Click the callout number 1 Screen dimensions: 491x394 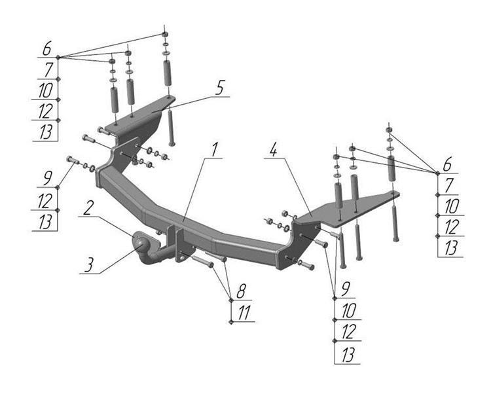click(214, 151)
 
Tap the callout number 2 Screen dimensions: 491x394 click(88, 207)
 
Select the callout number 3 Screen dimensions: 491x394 click(89, 265)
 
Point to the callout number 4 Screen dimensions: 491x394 click(274, 151)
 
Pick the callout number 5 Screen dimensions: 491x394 click(220, 88)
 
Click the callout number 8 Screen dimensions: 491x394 click(241, 292)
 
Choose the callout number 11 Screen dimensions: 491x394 click(244, 313)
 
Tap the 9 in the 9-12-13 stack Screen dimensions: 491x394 click(47, 179)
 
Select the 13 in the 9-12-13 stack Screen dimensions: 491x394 click(45, 222)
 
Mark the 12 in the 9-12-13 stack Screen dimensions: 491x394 click(45, 200)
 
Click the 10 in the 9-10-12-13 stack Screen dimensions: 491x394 click(348, 311)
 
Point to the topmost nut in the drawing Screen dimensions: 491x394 click(165, 34)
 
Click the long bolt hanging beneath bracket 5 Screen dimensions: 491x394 click(171, 126)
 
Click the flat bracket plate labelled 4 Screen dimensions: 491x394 click(344, 208)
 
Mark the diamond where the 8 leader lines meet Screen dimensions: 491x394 click(231, 300)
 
